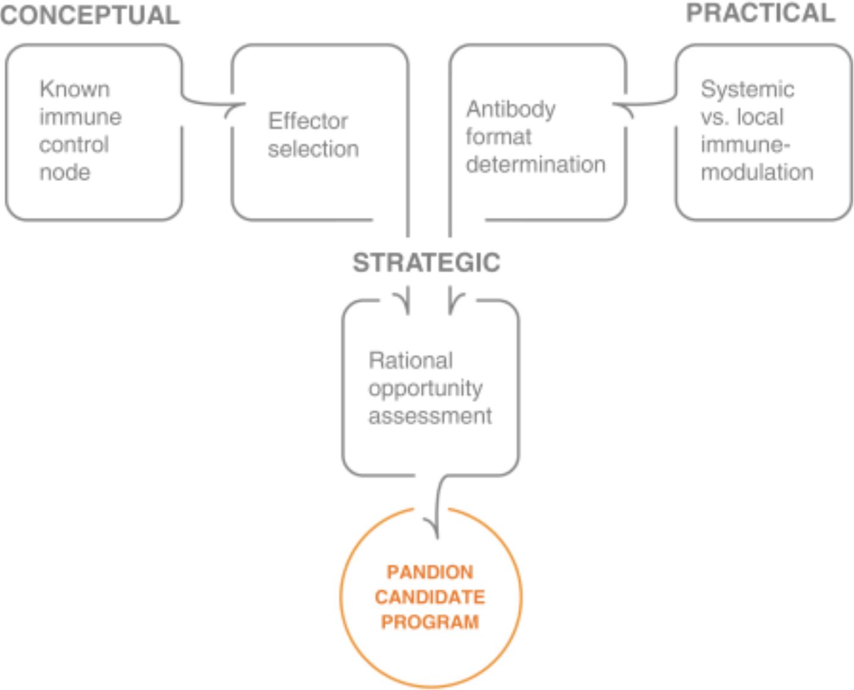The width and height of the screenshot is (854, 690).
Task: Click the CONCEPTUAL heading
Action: pos(90,15)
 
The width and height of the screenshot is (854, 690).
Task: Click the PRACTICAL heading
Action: pos(761,13)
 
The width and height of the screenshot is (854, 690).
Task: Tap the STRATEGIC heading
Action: pos(426,262)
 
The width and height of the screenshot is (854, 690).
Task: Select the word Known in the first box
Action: pos(75,89)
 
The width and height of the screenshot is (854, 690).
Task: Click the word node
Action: pos(65,172)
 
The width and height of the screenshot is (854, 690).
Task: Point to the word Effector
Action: pos(308,121)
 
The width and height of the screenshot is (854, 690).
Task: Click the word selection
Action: pos(313,149)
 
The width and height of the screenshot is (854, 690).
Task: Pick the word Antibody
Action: pos(511,109)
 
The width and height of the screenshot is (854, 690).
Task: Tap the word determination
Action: pos(536,165)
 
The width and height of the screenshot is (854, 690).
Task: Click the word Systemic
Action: pos(747,89)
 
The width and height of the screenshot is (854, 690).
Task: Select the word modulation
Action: pos(757,172)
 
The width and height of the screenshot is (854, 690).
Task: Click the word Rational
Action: pos(411,360)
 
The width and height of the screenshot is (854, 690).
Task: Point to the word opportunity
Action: pos(426,388)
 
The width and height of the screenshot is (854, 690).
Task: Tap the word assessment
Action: pos(430,416)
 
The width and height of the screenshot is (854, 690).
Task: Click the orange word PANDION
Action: pos(430,572)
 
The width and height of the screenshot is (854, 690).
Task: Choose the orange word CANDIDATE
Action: pos(430,597)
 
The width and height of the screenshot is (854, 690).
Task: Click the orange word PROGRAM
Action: pos(430,622)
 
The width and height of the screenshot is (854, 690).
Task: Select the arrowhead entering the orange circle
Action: pos(433,527)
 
